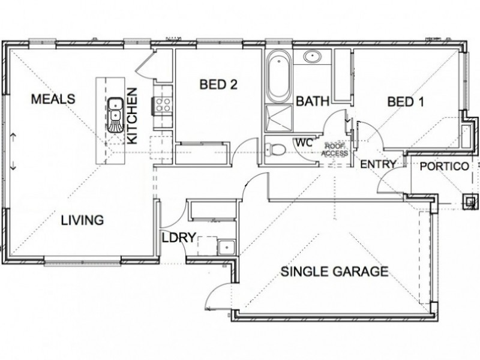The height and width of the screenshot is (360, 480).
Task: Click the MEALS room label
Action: pyautogui.click(x=53, y=98)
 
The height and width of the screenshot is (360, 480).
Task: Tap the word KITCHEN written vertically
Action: pyautogui.click(x=133, y=116)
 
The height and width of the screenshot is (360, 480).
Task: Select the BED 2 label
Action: pyautogui.click(x=218, y=85)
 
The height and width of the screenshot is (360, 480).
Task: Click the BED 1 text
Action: pyautogui.click(x=406, y=101)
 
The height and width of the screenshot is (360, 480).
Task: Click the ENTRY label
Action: pyautogui.click(x=377, y=164)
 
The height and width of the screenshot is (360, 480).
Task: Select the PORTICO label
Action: pyautogui.click(x=443, y=167)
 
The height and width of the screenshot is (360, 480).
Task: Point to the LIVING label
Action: pyautogui.click(x=82, y=220)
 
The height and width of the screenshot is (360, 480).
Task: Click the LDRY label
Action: pyautogui.click(x=178, y=238)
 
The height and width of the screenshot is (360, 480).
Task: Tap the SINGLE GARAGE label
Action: pyautogui.click(x=334, y=272)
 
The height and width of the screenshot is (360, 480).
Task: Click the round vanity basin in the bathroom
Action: pyautogui.click(x=311, y=58)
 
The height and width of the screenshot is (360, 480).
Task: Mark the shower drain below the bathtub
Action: pyautogui.click(x=278, y=118)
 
